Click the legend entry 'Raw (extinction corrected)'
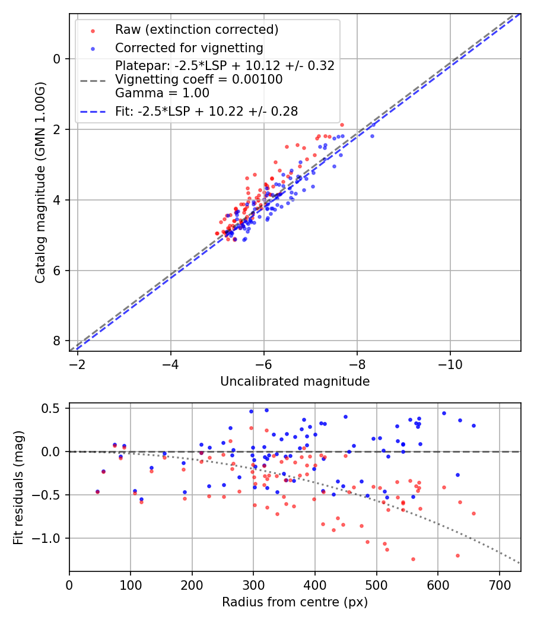coord(196,29)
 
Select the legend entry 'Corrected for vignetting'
coord(189,47)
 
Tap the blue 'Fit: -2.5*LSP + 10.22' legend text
coord(206,111)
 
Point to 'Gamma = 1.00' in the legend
coord(162,93)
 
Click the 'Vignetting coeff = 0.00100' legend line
coord(199,79)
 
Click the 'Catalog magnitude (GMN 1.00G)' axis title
coord(40,182)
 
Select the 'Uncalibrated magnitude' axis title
coord(295,382)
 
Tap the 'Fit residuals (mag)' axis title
coord(18,487)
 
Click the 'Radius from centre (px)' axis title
coord(295,602)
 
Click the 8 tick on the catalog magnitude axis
coord(57,341)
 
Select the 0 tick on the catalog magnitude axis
coord(57,59)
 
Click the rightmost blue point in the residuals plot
coord(473,425)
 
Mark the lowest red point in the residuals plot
coord(413,559)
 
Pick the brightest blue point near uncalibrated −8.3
coord(373,125)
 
